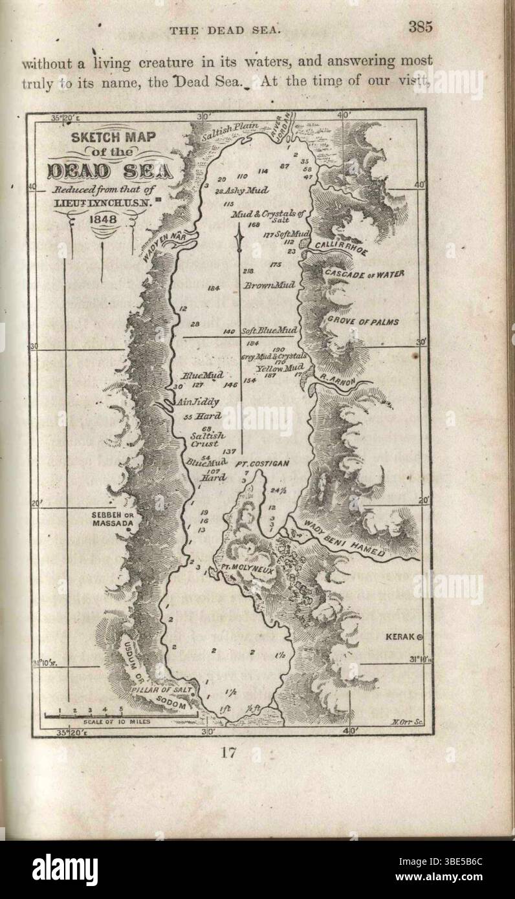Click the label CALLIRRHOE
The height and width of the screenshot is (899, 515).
pyautogui.click(x=333, y=246)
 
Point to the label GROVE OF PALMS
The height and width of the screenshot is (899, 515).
pyautogui.click(x=362, y=321)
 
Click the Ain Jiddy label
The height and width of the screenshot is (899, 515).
pyautogui.click(x=197, y=401)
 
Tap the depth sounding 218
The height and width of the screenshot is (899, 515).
pyautogui.click(x=248, y=270)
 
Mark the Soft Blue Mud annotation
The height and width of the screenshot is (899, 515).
pyautogui.click(x=269, y=330)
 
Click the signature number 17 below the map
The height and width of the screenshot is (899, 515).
pyautogui.click(x=228, y=752)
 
